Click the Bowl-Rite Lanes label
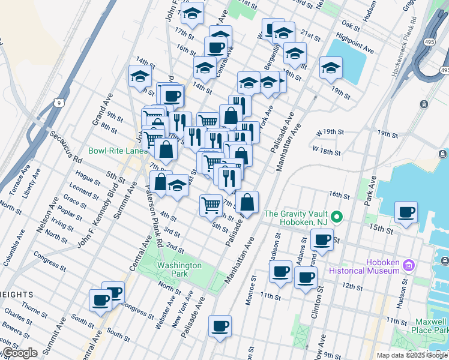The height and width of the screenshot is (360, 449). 118,151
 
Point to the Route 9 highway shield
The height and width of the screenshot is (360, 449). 58,103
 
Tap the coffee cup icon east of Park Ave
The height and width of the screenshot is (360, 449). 406,212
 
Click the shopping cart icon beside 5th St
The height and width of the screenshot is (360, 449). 211,206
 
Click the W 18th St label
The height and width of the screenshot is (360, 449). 326,149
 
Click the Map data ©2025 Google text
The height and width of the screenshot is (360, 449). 412,355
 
